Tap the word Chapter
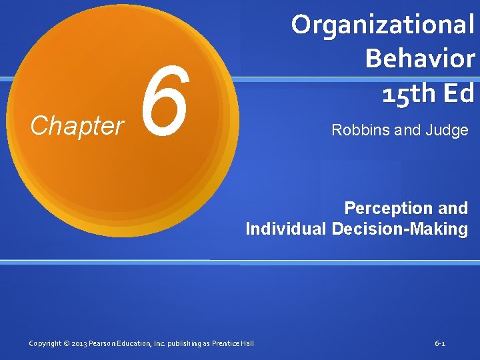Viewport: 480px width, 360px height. (77, 125)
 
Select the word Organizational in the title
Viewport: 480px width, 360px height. (383, 25)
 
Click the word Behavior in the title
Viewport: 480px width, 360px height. (419, 59)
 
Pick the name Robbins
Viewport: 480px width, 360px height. (360, 130)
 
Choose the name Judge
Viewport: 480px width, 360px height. (447, 130)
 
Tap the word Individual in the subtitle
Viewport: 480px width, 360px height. (285, 229)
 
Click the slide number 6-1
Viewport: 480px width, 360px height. (440, 343)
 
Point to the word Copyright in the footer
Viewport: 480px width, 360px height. (46, 343)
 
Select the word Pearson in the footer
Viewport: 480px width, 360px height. (105, 343)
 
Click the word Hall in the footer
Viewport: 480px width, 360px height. (247, 343)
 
